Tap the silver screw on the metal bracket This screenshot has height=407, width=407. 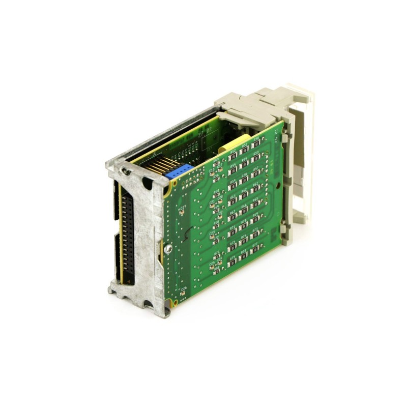point(168,248)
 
